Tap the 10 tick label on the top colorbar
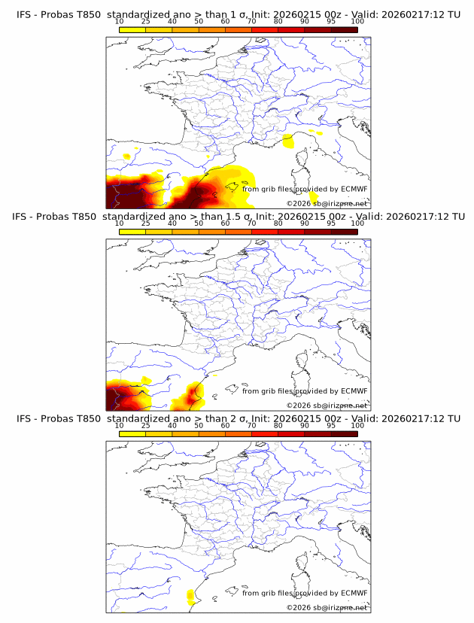click(x=119, y=22)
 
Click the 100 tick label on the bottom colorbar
click(x=357, y=425)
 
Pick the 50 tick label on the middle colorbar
click(x=199, y=223)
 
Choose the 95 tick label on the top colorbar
click(x=331, y=22)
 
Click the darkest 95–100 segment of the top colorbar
click(x=344, y=29)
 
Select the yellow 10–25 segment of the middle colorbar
click(x=132, y=231)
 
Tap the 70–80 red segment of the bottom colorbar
click(x=265, y=433)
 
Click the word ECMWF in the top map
click(x=354, y=190)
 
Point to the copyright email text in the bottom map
click(x=327, y=606)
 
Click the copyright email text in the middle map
click(x=327, y=405)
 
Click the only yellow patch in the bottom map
click(x=190, y=597)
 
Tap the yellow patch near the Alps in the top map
click(x=287, y=141)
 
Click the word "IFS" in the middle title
click(x=23, y=217)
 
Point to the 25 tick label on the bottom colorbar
click(x=145, y=425)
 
